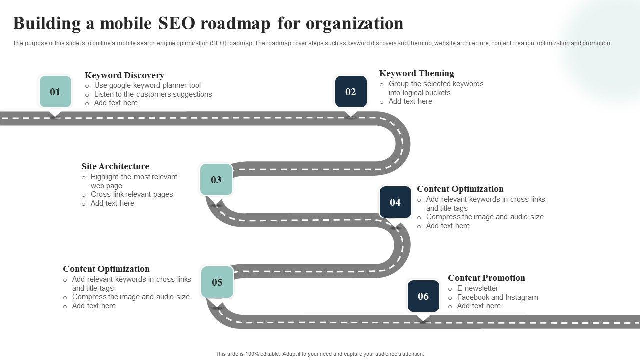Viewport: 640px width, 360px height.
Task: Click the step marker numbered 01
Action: coord(55,92)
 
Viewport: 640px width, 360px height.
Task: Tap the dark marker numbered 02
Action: coord(351,92)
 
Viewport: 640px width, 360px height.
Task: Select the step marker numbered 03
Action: coord(216,180)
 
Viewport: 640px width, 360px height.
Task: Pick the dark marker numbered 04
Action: coord(395,202)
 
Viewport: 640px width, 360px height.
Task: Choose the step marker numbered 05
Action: coord(217,282)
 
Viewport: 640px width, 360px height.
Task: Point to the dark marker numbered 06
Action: coord(423,296)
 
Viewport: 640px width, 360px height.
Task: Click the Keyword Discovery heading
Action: coord(124,75)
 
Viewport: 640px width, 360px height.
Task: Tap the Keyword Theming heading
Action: coord(416,73)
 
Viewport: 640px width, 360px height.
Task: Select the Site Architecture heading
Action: coord(115,166)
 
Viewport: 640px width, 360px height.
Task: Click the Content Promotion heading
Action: coord(486,278)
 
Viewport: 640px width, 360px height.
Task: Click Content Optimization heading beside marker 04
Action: coord(460,189)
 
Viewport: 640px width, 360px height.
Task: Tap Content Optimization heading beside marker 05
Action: coord(106,269)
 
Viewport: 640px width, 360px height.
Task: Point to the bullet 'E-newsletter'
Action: coord(477,288)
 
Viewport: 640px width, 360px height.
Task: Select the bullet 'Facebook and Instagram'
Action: coord(497,297)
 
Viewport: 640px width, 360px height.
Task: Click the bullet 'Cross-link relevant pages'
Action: coord(132,194)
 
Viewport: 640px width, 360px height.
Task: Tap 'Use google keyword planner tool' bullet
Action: coord(147,85)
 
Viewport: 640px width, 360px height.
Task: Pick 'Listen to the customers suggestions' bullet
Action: coord(153,94)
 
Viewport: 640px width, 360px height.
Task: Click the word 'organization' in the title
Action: coord(354,23)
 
